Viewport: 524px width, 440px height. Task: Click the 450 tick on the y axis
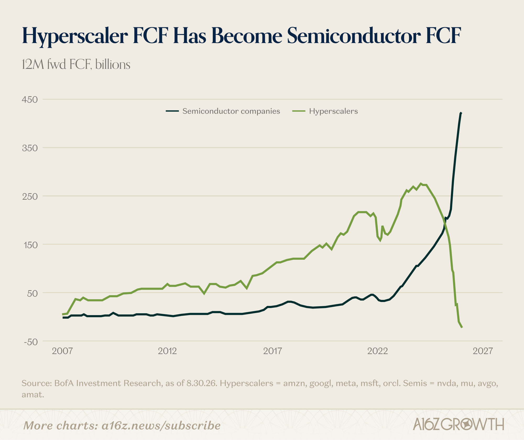click(x=30, y=100)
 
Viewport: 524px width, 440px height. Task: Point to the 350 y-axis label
click(x=30, y=148)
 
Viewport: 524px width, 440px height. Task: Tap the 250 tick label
click(x=30, y=197)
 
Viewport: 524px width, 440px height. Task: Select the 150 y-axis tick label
click(x=30, y=245)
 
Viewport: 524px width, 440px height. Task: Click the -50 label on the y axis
click(x=31, y=342)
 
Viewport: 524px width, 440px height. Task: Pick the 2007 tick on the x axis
click(x=62, y=351)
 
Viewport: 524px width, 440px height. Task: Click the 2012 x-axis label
click(x=167, y=351)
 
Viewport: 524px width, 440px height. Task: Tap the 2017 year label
click(x=272, y=351)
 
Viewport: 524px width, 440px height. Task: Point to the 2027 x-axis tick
click(x=483, y=351)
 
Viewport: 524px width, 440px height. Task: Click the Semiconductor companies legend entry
click(x=223, y=111)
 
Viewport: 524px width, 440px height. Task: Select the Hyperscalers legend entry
click(x=325, y=111)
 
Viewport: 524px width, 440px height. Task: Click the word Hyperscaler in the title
click(x=75, y=36)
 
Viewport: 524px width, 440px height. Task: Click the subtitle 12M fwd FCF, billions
click(x=76, y=64)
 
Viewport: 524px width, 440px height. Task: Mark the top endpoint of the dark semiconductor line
click(x=461, y=113)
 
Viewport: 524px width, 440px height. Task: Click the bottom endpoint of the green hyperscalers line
click(x=462, y=327)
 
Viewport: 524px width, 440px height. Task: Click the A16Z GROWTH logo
click(x=458, y=424)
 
